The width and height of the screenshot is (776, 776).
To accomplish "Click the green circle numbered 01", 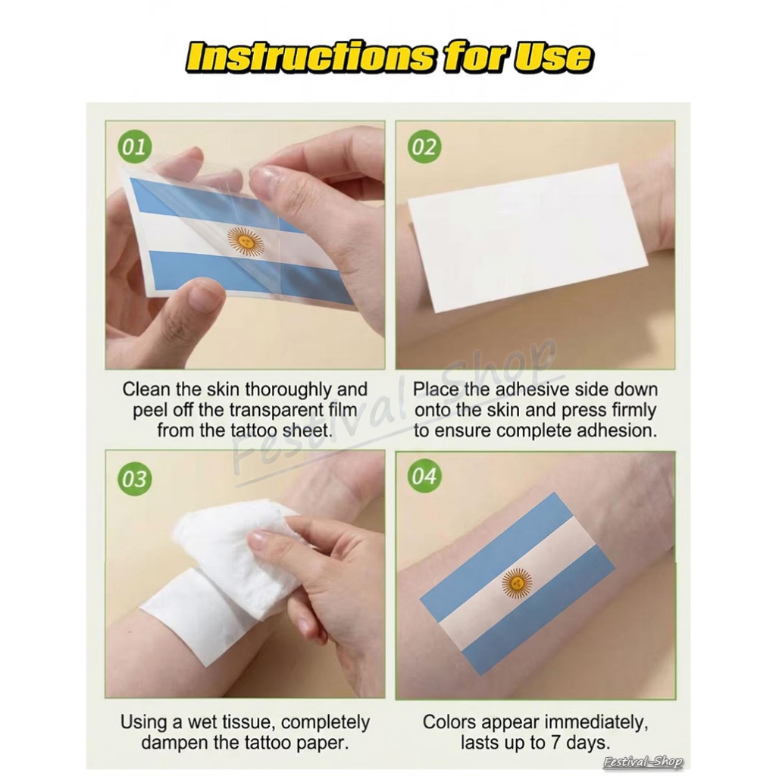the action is (x=134, y=146).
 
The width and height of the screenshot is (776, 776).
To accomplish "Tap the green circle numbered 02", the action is (x=424, y=146).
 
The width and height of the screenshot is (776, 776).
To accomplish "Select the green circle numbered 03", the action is (x=134, y=479).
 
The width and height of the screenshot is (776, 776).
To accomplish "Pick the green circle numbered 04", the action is (x=424, y=476).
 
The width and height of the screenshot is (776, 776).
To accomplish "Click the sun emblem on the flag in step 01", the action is (x=246, y=242).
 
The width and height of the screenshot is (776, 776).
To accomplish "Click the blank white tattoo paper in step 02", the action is (x=528, y=236).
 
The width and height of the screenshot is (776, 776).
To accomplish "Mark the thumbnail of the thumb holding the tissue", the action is (x=261, y=541).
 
